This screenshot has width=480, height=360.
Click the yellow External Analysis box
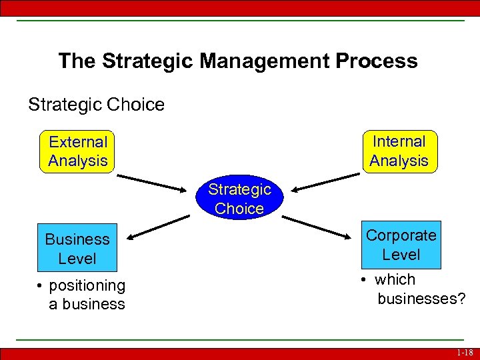click(77, 151)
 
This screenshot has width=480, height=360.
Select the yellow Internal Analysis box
click(399, 151)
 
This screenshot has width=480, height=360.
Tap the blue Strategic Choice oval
click(239, 199)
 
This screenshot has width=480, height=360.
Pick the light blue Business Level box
click(77, 248)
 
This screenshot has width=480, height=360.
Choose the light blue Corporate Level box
click(401, 245)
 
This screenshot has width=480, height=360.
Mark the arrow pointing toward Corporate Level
click(321, 225)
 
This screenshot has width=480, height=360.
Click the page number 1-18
click(465, 353)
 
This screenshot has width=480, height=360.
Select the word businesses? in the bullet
click(421, 299)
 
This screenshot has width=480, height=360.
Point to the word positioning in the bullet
click(87, 285)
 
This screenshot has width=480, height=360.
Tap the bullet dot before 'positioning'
click(41, 286)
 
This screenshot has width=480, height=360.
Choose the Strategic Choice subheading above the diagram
click(96, 105)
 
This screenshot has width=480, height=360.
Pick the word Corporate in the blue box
click(401, 235)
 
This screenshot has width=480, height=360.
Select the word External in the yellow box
click(78, 142)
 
